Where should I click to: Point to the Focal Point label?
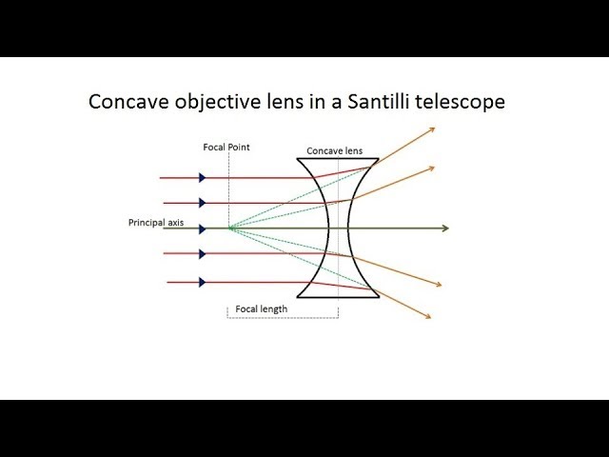(226, 148)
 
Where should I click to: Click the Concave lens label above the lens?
(334, 151)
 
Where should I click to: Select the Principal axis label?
(156, 223)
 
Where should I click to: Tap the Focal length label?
(262, 308)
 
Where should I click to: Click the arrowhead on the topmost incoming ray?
(203, 177)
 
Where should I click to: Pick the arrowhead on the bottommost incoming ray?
(203, 282)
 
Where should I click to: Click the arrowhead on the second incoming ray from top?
(203, 202)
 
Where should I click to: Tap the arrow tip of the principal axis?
(445, 228)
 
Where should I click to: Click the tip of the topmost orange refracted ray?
(434, 129)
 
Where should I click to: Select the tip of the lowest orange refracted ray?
(432, 317)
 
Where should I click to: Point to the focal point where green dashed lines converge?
(228, 228)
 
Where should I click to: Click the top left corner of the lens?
(299, 158)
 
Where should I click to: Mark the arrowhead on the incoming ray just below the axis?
(203, 253)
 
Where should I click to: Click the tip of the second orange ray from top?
(433, 168)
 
